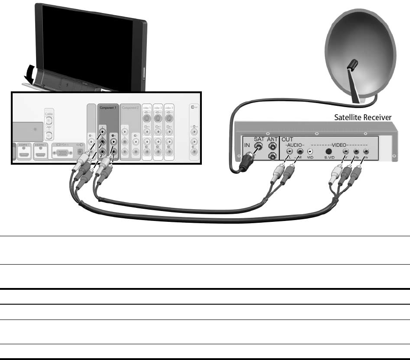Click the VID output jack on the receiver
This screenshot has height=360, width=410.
tap(310, 152)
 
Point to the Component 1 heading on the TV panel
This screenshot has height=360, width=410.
tap(108, 108)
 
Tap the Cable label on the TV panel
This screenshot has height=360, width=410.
tap(49, 114)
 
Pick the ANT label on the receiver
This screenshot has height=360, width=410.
tap(272, 139)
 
